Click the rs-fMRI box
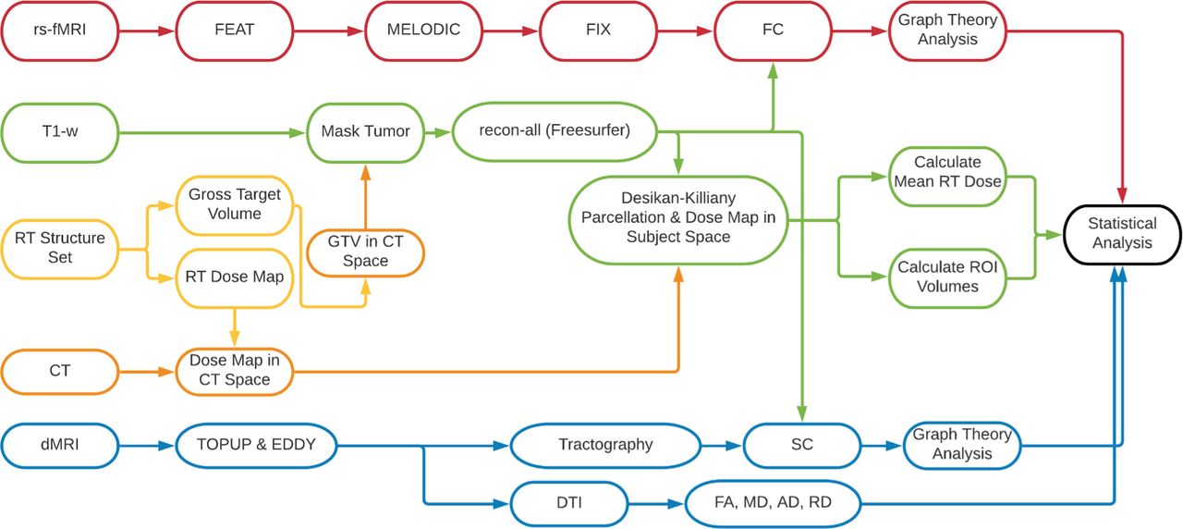click(x=60, y=31)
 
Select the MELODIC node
click(x=423, y=31)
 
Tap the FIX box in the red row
click(x=598, y=31)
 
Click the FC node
click(x=773, y=31)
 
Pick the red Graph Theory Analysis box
click(x=947, y=31)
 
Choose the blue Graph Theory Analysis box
click(x=962, y=445)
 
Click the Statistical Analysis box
click(x=1122, y=234)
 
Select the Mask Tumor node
click(x=365, y=132)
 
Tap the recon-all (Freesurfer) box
click(x=555, y=131)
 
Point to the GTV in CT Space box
click(x=365, y=252)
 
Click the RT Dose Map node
click(x=235, y=278)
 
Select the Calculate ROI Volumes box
click(x=947, y=278)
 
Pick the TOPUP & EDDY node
click(x=256, y=446)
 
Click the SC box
click(x=801, y=446)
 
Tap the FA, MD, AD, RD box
click(x=773, y=503)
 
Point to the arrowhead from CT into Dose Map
click(x=167, y=372)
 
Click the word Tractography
click(x=605, y=445)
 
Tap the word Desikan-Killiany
click(x=678, y=198)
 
